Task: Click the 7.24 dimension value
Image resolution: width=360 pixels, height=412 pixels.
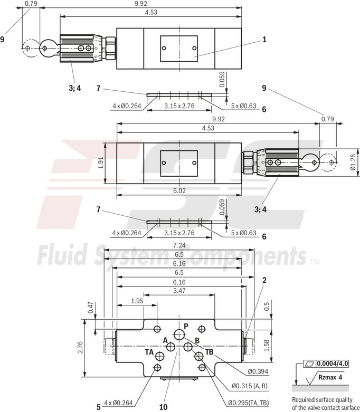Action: pyautogui.click(x=180, y=245)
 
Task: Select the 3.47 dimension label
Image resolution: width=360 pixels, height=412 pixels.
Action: pyautogui.click(x=179, y=291)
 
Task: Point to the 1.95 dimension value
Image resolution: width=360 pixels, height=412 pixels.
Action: pyautogui.click(x=137, y=301)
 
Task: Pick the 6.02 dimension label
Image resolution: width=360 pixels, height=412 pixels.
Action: pyautogui.click(x=180, y=191)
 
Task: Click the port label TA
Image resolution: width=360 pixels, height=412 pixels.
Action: pyautogui.click(x=150, y=351)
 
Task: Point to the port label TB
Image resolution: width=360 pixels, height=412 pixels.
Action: pyautogui.click(x=209, y=351)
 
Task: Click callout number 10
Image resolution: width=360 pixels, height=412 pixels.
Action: pyautogui.click(x=164, y=407)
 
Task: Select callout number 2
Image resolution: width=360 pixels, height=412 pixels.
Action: pyautogui.click(x=264, y=280)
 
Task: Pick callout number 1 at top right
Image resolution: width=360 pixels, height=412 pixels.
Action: pyautogui.click(x=264, y=39)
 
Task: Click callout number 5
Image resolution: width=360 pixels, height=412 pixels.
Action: pyautogui.click(x=98, y=407)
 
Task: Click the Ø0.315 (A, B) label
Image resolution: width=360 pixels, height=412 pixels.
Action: pyautogui.click(x=250, y=387)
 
